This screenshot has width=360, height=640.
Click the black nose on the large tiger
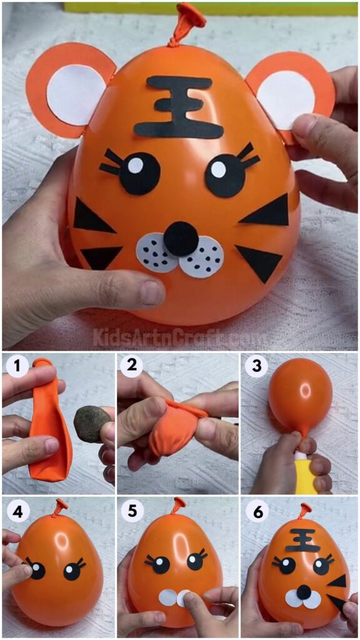click(182, 238)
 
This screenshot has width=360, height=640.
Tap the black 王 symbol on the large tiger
click(179, 107)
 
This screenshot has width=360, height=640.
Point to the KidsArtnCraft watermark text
click(180, 337)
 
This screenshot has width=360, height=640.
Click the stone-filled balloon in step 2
click(175, 425)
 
